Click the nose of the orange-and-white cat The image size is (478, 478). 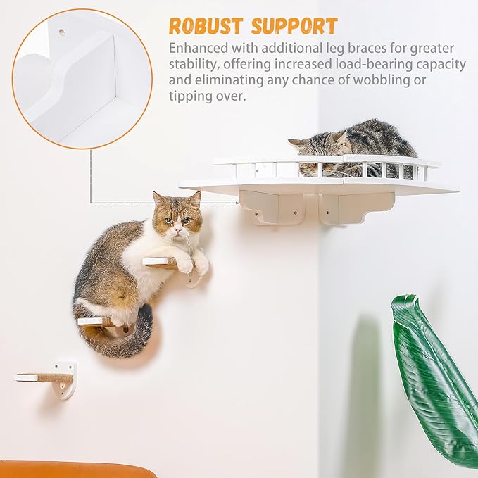coord(178,229)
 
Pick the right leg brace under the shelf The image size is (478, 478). coord(355,208)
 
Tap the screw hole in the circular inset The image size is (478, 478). coord(62,32)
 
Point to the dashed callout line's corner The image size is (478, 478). coord(92,202)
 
